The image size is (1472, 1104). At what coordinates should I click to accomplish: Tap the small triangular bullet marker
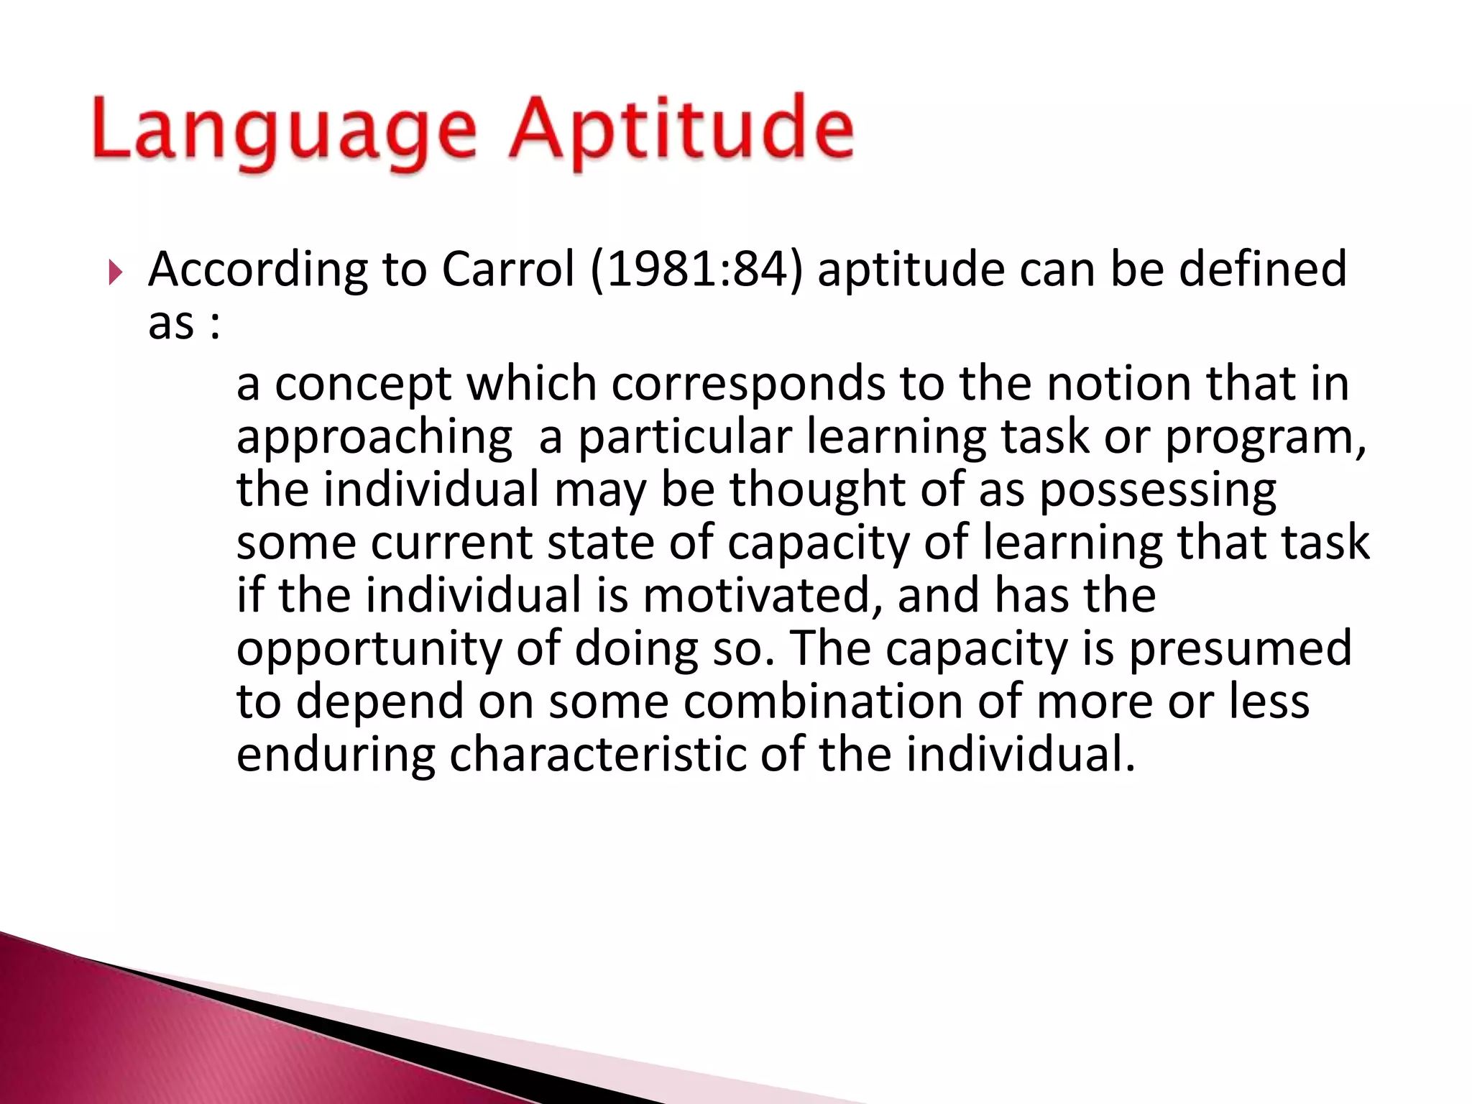click(115, 272)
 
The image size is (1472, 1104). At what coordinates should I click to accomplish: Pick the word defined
click(1262, 269)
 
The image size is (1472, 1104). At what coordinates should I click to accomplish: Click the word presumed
click(1240, 649)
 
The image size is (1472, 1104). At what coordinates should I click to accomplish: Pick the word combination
click(822, 701)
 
